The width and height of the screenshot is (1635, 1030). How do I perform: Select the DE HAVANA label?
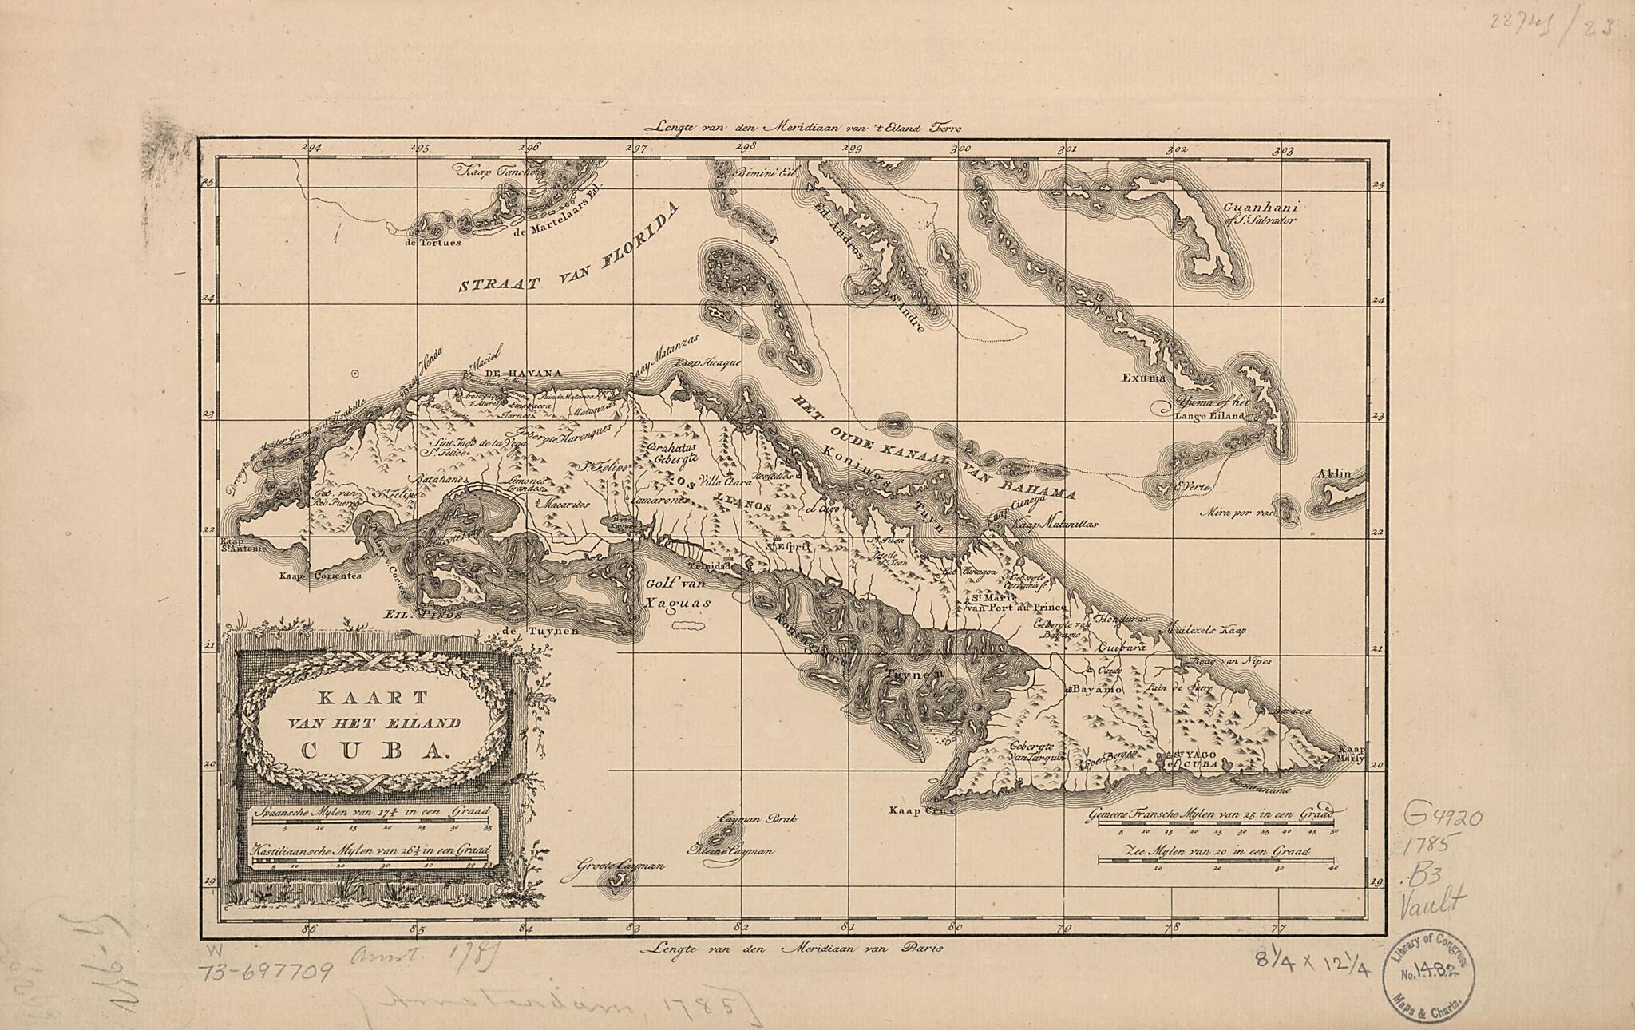[x=523, y=374]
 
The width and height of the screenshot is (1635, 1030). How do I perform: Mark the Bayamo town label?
[x=1100, y=688]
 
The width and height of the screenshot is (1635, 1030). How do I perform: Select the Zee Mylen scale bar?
[x=1216, y=860]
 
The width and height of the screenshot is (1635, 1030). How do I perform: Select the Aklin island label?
[x=1335, y=474]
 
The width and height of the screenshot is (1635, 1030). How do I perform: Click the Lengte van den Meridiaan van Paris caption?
[x=791, y=949]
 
